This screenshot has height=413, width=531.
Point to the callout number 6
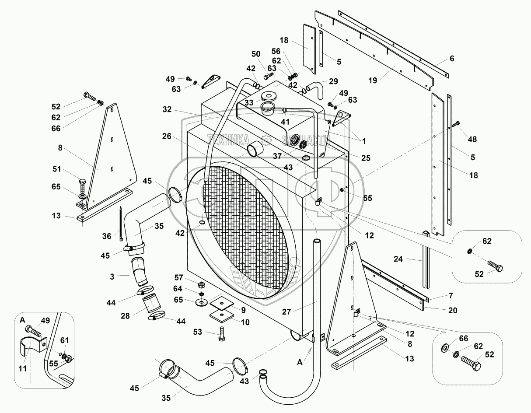452,58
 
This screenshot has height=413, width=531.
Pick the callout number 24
398,259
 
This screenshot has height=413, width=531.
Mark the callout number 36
107,236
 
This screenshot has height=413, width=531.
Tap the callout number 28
125,315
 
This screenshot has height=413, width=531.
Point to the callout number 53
198,332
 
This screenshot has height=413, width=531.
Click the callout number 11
22,368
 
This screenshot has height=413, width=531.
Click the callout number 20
452,310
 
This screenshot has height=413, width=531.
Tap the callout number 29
333,81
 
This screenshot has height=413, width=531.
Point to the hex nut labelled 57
202,284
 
